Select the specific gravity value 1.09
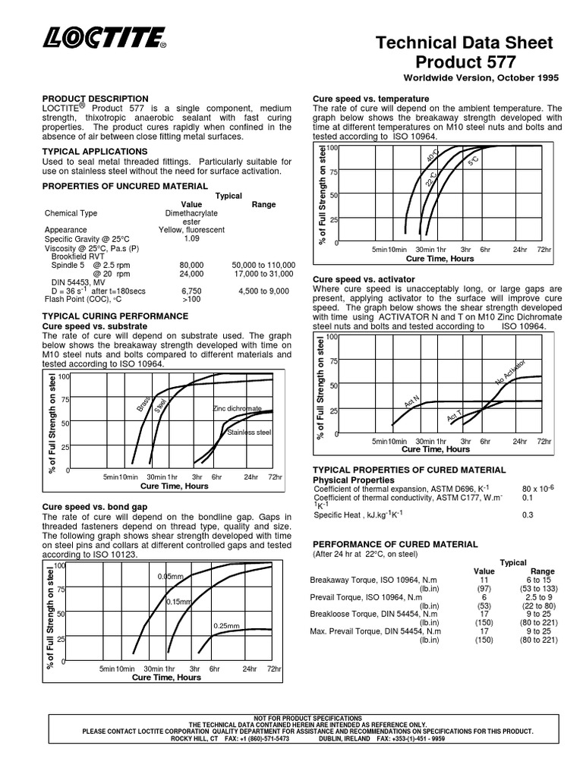click(191, 238)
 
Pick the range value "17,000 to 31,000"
click(263, 273)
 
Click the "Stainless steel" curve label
click(249, 433)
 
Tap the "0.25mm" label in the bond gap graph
click(226, 625)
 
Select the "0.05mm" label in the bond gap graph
click(171, 577)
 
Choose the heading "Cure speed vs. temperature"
click(371, 99)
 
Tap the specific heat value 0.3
click(528, 515)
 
